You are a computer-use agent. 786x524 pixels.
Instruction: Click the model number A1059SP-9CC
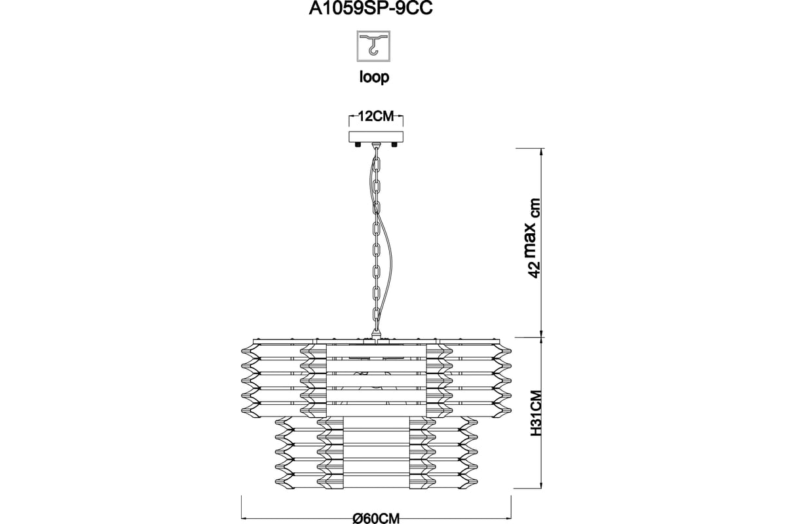click(371, 9)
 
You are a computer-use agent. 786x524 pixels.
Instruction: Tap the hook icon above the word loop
click(374, 46)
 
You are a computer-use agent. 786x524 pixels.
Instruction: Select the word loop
click(374, 77)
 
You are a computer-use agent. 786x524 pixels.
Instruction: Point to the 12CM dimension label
click(376, 116)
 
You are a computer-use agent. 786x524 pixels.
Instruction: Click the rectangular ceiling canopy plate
click(376, 137)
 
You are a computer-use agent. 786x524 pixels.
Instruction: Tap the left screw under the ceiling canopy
click(358, 145)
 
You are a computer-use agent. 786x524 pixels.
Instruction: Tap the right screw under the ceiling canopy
click(394, 145)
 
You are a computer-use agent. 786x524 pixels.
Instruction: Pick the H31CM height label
click(536, 413)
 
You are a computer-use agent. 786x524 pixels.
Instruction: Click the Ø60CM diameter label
click(376, 518)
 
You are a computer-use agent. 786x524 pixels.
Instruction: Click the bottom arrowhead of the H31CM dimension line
click(542, 484)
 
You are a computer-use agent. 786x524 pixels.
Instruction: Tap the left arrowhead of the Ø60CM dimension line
click(246, 517)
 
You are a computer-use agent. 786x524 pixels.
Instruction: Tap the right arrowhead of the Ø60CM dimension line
click(507, 517)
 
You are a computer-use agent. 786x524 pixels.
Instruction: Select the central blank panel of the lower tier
click(376, 453)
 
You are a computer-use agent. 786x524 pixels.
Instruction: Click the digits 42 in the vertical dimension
click(534, 269)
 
